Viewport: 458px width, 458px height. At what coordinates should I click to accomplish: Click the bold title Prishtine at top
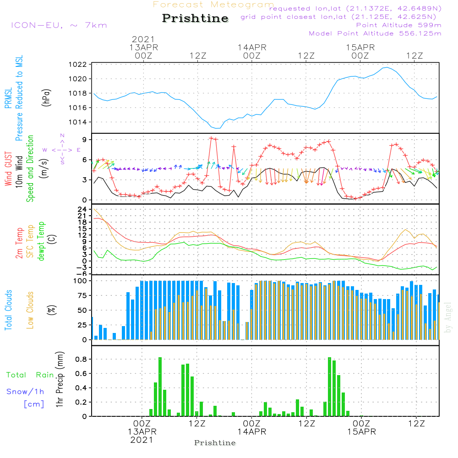[195, 18]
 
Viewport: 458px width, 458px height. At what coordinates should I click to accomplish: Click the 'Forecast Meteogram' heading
[213, 5]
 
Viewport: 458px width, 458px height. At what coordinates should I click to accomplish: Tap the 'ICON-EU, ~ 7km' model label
[59, 25]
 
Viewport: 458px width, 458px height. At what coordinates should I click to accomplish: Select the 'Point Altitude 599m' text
[398, 25]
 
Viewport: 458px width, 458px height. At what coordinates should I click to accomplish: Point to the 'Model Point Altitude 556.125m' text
[375, 33]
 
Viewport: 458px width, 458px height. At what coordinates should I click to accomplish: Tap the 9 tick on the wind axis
[85, 140]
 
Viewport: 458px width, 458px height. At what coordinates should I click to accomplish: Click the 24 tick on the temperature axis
[82, 209]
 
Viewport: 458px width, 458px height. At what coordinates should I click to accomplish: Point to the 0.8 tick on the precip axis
[82, 360]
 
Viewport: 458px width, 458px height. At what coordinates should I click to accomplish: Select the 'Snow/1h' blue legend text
[26, 392]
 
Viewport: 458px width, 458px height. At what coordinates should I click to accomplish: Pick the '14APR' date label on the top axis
[252, 47]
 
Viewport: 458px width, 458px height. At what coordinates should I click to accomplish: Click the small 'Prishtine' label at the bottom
[215, 443]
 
